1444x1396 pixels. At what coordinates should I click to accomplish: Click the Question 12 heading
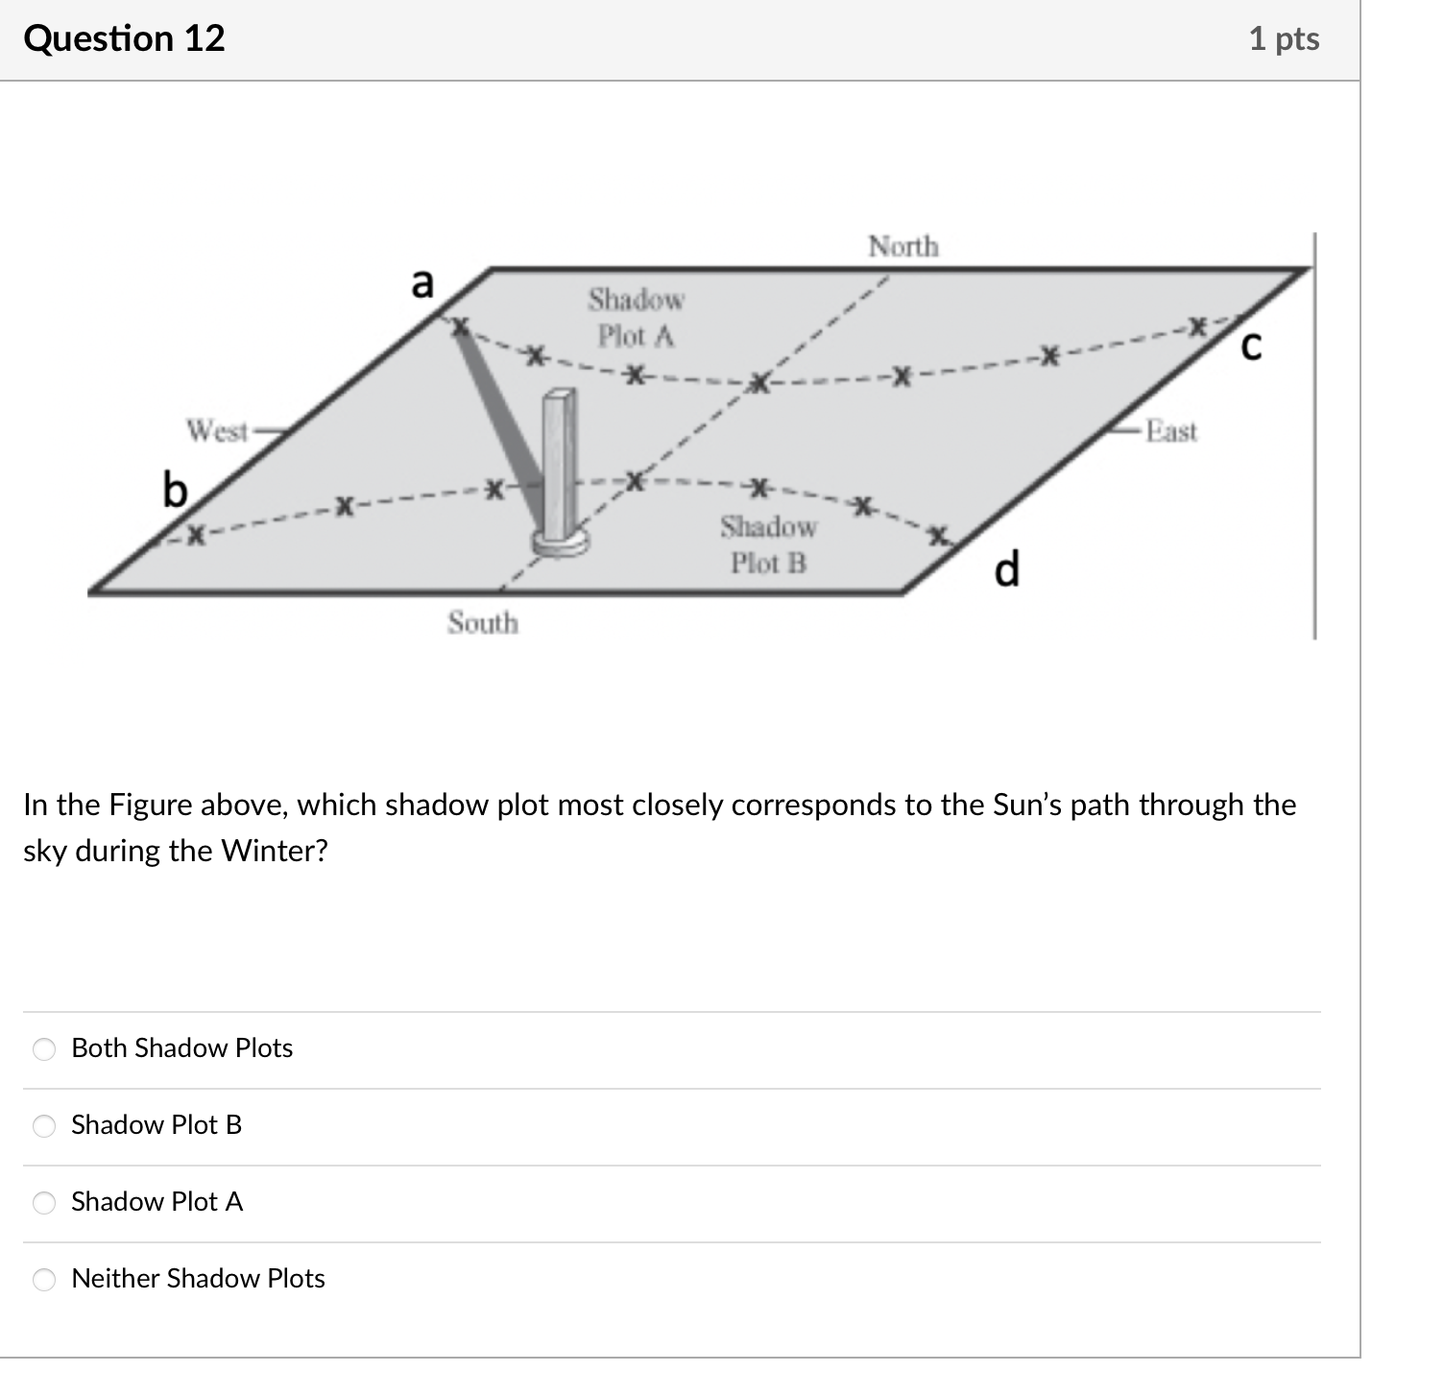pos(125,38)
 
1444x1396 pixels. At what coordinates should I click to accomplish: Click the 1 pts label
pos(1284,38)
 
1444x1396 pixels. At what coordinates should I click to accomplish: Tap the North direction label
pos(902,247)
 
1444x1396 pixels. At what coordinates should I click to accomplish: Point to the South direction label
pos(482,623)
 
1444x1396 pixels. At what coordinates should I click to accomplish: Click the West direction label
pos(217,431)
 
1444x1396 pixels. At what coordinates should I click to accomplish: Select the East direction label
pos(1171,431)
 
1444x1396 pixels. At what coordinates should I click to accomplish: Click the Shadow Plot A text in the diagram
pos(636,318)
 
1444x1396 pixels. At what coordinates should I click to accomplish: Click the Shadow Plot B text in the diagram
pos(768,544)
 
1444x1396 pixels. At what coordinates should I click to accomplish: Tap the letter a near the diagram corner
pos(422,283)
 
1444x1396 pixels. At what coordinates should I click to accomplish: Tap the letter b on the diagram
pos(175,490)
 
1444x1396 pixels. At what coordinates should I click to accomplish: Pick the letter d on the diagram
pos(1006,569)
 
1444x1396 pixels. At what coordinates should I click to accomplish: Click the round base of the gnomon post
pos(561,542)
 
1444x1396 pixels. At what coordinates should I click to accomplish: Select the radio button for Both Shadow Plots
pos(45,1048)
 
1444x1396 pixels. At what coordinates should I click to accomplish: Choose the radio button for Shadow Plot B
pos(45,1125)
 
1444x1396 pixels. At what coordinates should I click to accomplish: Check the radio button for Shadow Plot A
pos(45,1202)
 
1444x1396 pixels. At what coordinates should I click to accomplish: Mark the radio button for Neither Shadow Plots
pos(45,1279)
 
